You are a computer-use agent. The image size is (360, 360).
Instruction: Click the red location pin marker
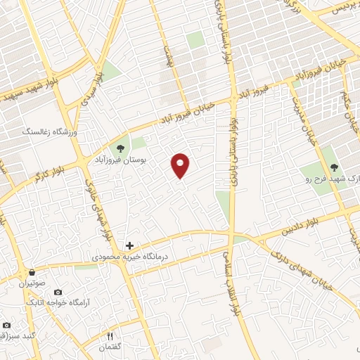[181, 165]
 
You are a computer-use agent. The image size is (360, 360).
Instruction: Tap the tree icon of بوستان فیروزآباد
[121, 148]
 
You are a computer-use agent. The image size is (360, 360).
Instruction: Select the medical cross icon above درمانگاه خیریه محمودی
[129, 246]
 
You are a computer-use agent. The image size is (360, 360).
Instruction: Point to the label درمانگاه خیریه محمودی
[129, 258]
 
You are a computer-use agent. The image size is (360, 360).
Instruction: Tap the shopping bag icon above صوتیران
[31, 272]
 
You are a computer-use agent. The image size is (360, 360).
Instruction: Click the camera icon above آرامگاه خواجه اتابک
[58, 292]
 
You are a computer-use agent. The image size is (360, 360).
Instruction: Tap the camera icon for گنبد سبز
[6, 325]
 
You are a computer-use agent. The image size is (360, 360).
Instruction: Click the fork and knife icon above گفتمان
[110, 337]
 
